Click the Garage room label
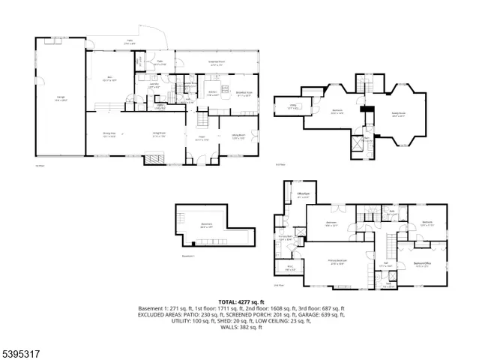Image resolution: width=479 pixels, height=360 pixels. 58,98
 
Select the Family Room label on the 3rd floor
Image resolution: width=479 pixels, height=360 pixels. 399,115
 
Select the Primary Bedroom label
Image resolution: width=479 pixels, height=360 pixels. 340,260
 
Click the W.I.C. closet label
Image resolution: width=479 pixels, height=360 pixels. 289,267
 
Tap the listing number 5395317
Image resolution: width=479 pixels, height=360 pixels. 21,350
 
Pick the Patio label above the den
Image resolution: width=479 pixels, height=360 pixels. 130,43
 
